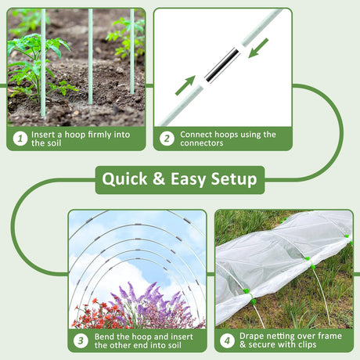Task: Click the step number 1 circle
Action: coord(20,139)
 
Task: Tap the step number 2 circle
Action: coord(167,139)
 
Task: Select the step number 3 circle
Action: coord(81,340)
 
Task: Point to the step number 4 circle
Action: coord(227,340)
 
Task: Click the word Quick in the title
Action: coord(124,179)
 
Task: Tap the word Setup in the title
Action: coord(234,179)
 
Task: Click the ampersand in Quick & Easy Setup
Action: coord(159,179)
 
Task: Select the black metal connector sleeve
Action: coord(222,65)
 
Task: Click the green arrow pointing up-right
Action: coord(185,85)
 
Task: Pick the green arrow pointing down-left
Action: coord(258,48)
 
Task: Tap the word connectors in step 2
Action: coord(201,143)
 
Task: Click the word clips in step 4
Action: coord(308,345)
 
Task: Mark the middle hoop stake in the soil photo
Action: coord(90,56)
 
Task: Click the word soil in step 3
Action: coord(174,345)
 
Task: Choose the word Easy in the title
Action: coord(188,180)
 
